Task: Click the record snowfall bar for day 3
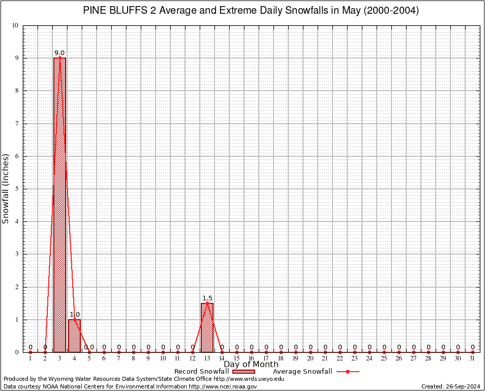tap(59, 204)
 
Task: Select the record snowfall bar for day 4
tap(74, 336)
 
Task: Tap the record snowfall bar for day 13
tap(207, 328)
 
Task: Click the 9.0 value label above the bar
tap(59, 53)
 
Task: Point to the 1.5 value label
tap(207, 298)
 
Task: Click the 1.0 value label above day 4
tap(75, 315)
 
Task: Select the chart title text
tap(251, 11)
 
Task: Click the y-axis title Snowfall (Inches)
tap(6, 188)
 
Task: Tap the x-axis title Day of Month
tap(251, 365)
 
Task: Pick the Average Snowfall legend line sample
tap(348, 372)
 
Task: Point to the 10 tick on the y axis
tap(15, 25)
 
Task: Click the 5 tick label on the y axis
tap(17, 189)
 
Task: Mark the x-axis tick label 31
tap(472, 359)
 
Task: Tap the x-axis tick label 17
tap(266, 359)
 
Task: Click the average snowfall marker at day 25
tap(384, 352)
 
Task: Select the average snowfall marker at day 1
tap(31, 352)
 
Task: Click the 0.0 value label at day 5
tap(89, 347)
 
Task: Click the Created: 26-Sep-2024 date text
tap(451, 387)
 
